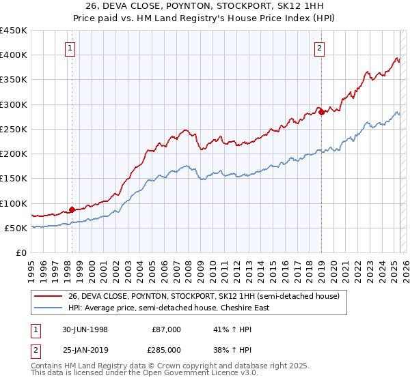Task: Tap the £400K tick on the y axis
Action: (13, 55)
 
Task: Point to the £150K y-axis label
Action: (13, 179)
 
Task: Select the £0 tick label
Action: (20, 252)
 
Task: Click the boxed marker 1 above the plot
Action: (72, 48)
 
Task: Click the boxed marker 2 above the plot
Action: (320, 48)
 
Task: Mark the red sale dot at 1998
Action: (72, 209)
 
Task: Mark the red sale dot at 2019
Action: (321, 112)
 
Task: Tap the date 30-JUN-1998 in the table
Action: (85, 329)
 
